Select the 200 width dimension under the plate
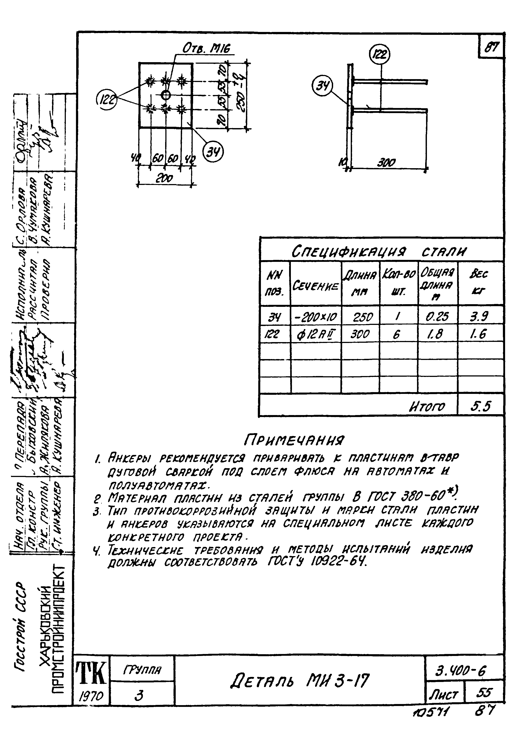point(164,178)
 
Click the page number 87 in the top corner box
point(491,47)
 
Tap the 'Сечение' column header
point(315,286)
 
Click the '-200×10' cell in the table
point(315,317)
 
